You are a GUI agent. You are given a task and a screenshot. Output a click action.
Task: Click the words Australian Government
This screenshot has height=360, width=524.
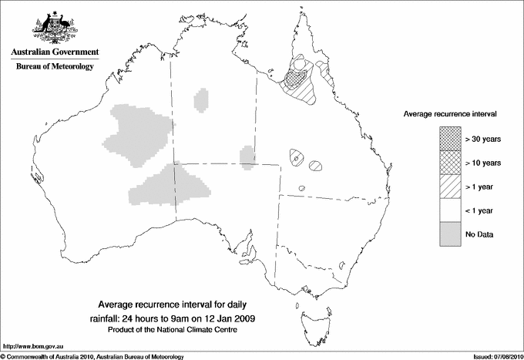pyautogui.click(x=54, y=52)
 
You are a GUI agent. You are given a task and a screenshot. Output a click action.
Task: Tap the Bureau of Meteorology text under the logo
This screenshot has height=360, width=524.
pyautogui.click(x=54, y=67)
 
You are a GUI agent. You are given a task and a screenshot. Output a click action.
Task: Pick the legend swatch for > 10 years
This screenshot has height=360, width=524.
pyautogui.click(x=451, y=163)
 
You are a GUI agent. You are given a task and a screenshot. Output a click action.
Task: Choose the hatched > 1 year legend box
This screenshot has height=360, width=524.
pyautogui.click(x=451, y=187)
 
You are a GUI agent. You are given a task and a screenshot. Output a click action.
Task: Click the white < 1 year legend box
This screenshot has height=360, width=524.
pyautogui.click(x=451, y=210)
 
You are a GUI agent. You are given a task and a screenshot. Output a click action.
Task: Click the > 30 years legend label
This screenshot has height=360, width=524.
pyautogui.click(x=484, y=139)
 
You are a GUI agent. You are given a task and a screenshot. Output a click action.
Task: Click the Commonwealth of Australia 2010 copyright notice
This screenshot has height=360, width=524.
pyautogui.click(x=92, y=356)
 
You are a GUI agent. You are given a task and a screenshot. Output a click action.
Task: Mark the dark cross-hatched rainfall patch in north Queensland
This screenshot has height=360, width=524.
pyautogui.click(x=293, y=77)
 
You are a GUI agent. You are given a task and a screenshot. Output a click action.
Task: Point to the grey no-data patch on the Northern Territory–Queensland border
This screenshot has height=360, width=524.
pyautogui.click(x=247, y=156)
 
